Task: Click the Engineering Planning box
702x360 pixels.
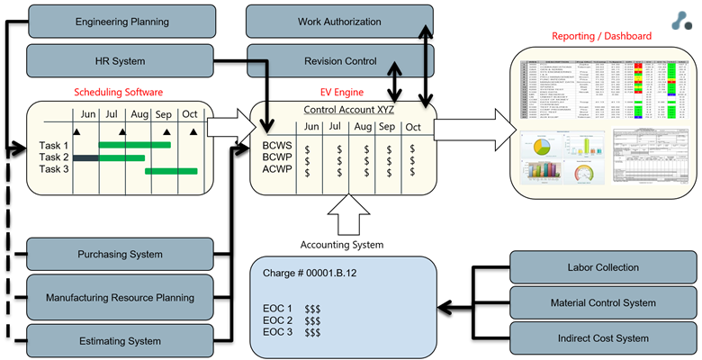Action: (x=121, y=20)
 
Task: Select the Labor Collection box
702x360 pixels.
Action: (x=603, y=267)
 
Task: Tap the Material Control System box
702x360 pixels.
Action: (x=603, y=302)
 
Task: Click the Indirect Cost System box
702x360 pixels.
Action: (x=603, y=337)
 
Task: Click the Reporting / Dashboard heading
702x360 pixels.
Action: (x=602, y=36)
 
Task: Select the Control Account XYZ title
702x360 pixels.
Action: (x=347, y=109)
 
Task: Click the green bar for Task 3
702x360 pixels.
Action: (x=171, y=170)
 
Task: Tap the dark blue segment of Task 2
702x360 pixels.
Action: (x=85, y=157)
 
